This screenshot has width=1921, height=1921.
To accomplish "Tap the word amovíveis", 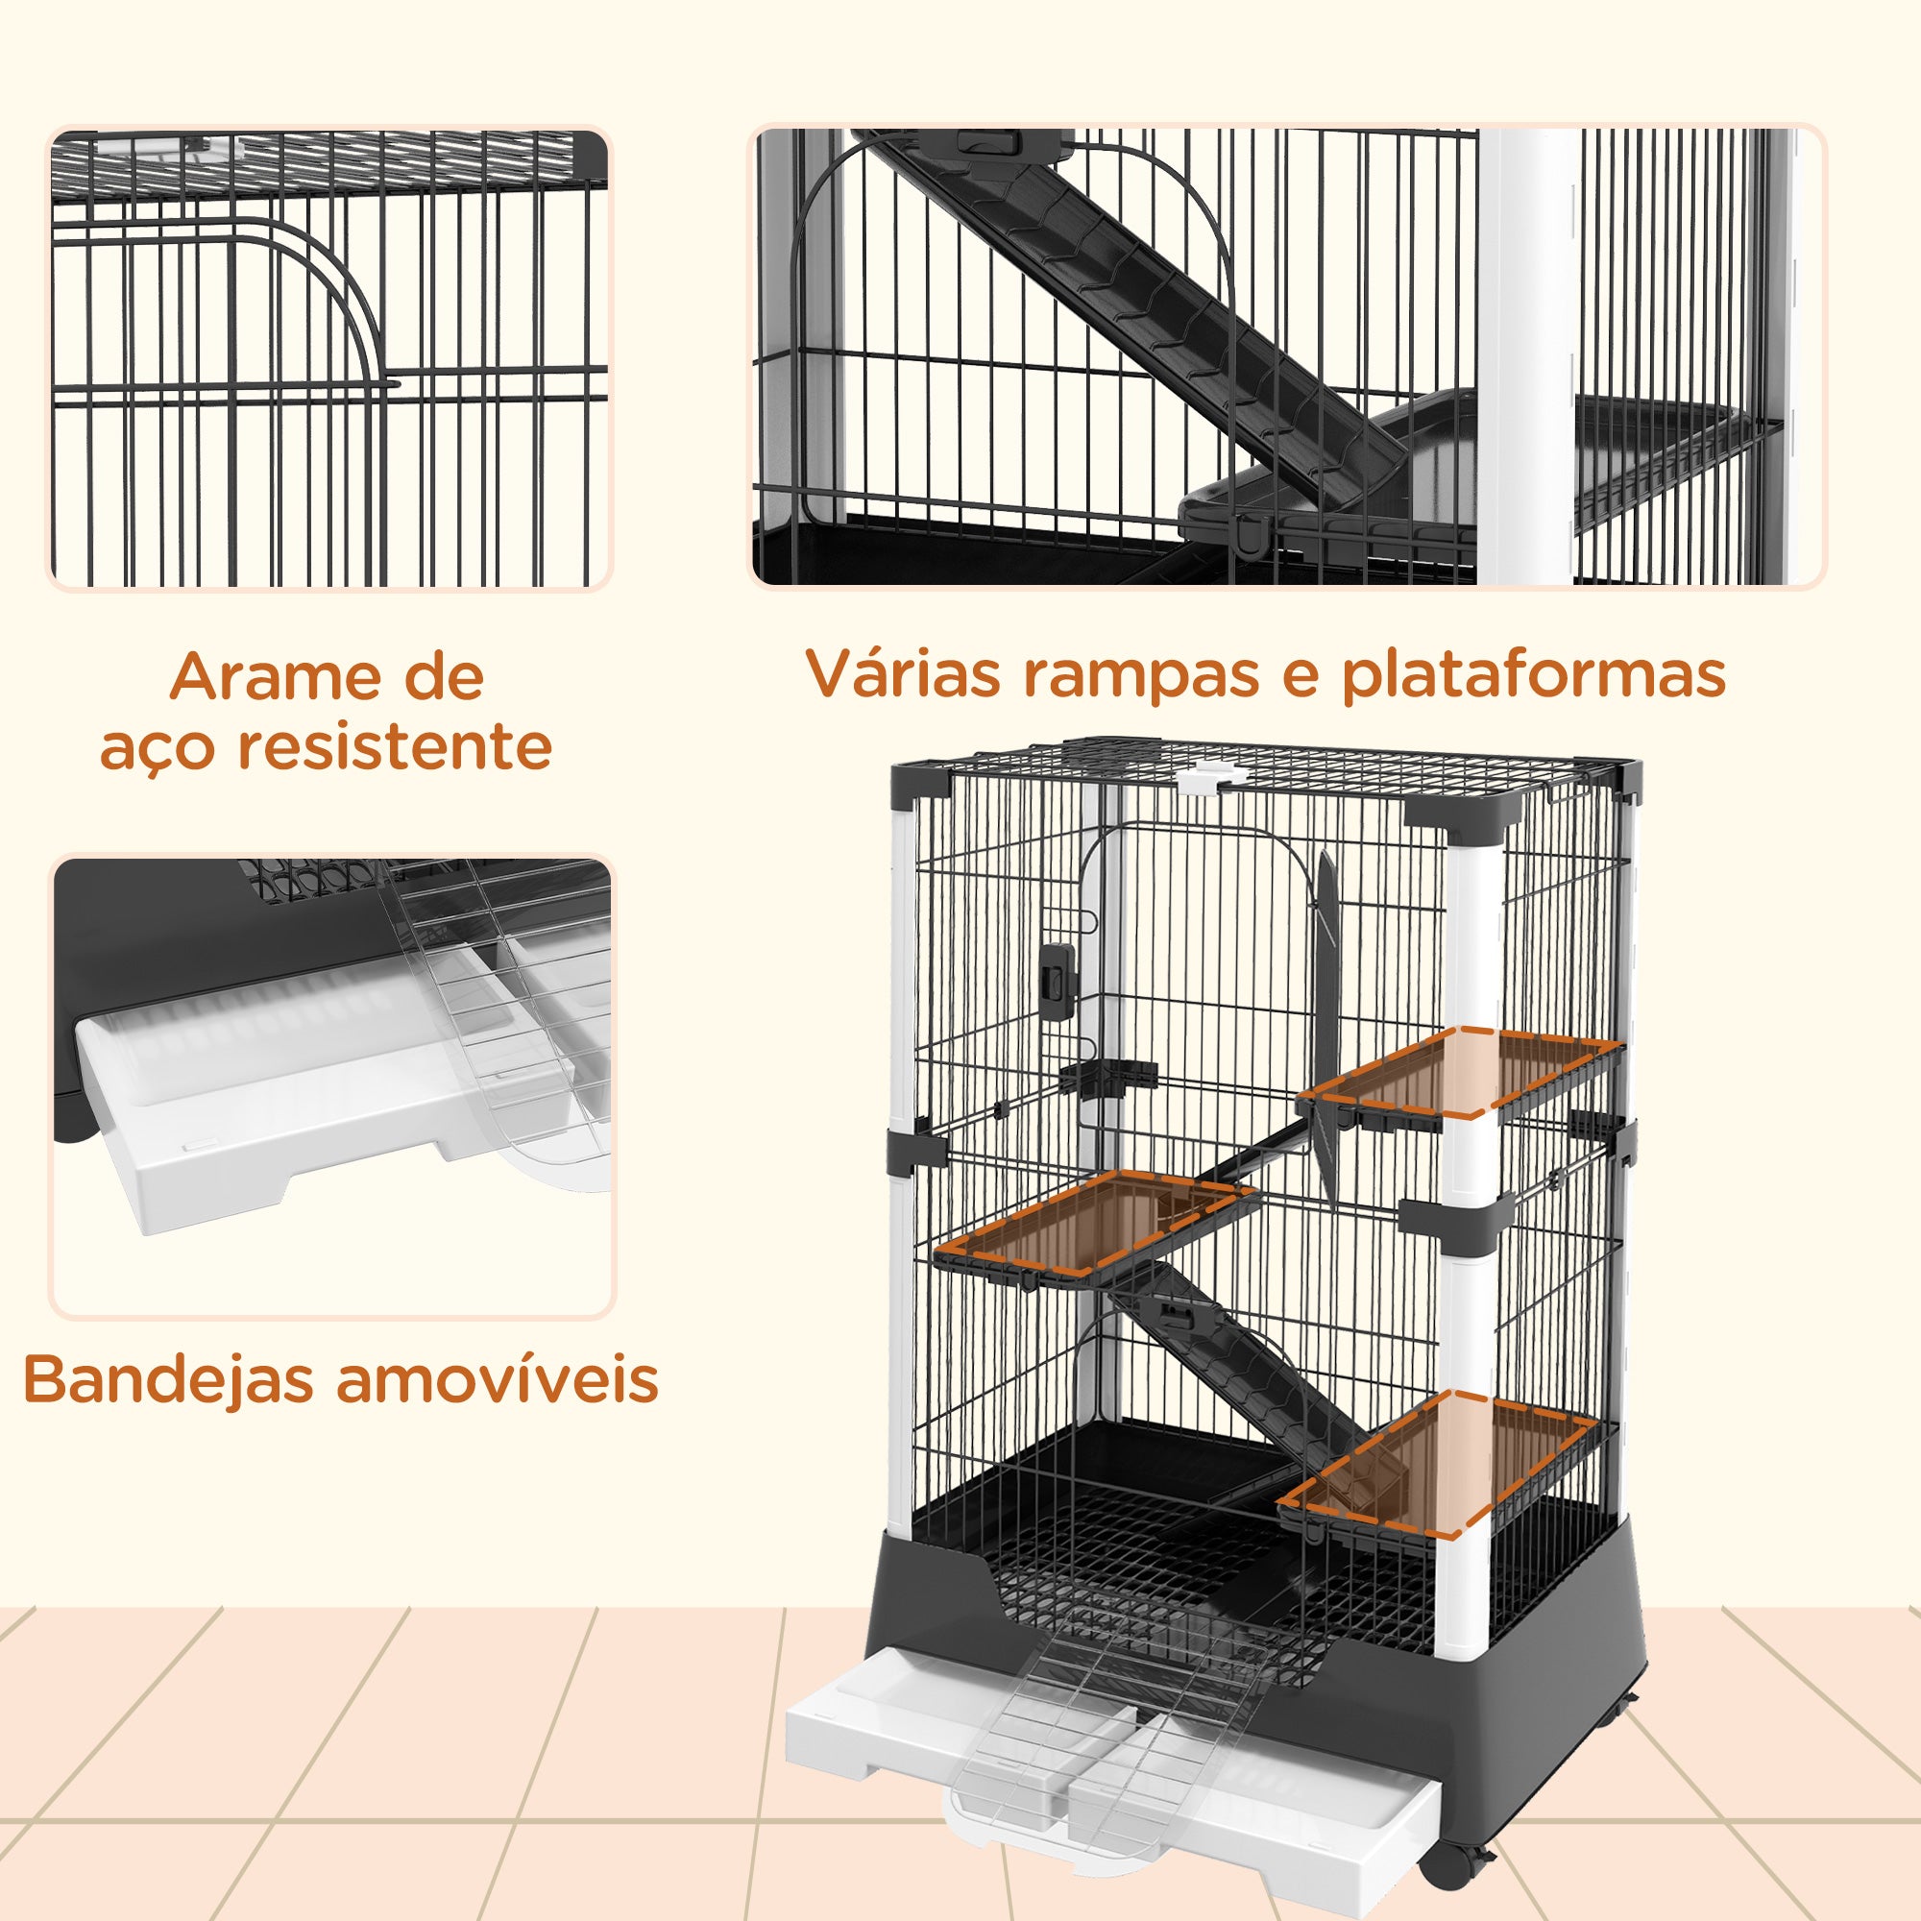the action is [498, 1379].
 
